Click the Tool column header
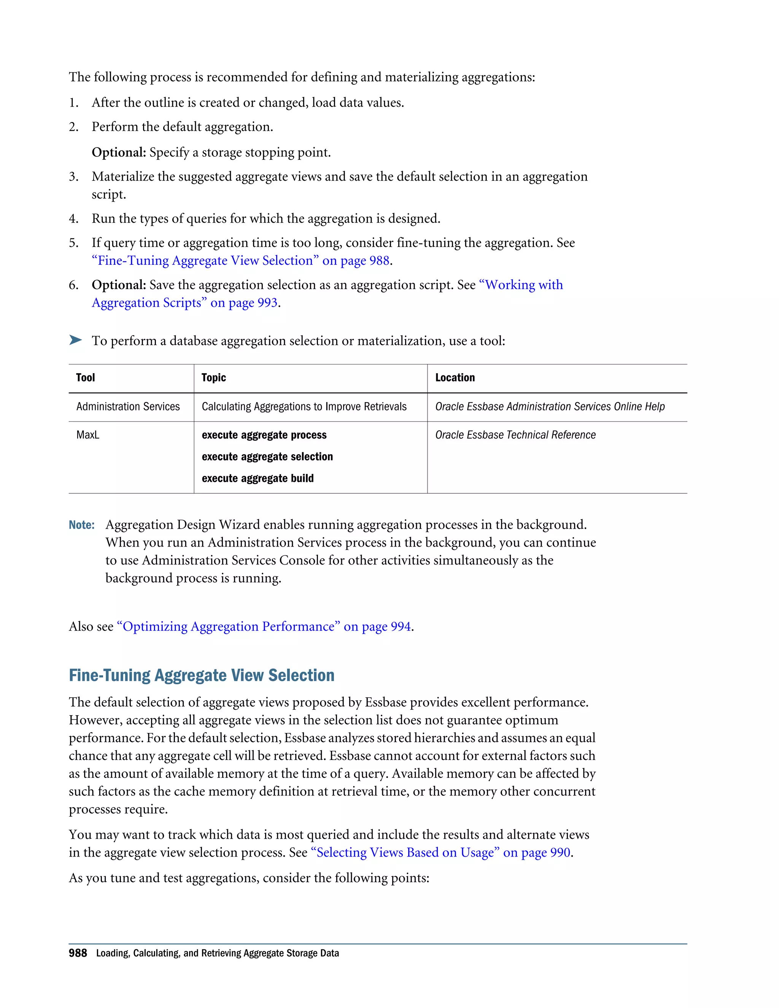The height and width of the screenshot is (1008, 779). pos(85,378)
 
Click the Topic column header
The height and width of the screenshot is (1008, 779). pos(214,378)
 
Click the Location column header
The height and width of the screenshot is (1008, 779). pos(455,378)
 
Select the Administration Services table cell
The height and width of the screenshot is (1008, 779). pos(128,407)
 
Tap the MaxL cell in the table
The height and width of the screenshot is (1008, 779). pos(88,435)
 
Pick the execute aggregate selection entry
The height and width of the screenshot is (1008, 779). pos(267,456)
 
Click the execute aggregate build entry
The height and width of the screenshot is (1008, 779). pos(258,478)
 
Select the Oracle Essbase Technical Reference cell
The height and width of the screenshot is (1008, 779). pos(515,435)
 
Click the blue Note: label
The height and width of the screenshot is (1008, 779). pos(82,525)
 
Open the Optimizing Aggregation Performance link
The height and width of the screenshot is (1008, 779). pos(264,626)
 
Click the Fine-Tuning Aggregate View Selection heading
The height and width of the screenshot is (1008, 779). pos(201,675)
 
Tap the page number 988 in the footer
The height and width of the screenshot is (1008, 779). pos(78,953)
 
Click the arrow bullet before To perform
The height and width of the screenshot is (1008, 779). pos(75,340)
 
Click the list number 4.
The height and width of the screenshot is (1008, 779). pos(73,219)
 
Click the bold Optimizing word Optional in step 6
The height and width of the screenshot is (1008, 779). pos(119,285)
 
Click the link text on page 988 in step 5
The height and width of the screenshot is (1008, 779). pos(356,261)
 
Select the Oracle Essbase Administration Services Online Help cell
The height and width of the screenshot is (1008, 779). pos(550,407)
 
